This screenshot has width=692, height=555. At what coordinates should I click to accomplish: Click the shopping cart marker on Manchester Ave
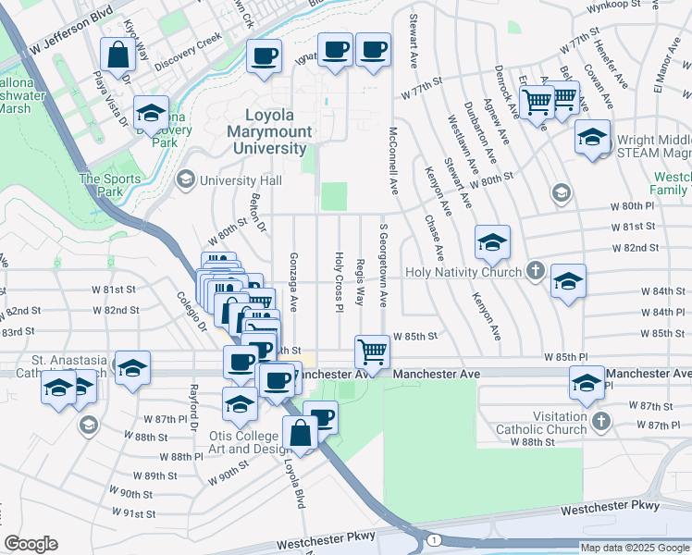click(x=372, y=351)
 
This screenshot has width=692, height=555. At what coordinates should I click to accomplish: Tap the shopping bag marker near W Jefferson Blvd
click(x=118, y=55)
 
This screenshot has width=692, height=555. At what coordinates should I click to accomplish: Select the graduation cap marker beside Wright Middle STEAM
click(x=591, y=137)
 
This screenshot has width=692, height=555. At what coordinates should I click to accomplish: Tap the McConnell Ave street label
click(x=393, y=161)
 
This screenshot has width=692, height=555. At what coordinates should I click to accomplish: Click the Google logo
click(x=31, y=544)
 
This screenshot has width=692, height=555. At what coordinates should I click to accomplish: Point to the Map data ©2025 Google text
click(x=634, y=548)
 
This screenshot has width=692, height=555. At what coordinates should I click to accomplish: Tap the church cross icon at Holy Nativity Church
click(x=535, y=272)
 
